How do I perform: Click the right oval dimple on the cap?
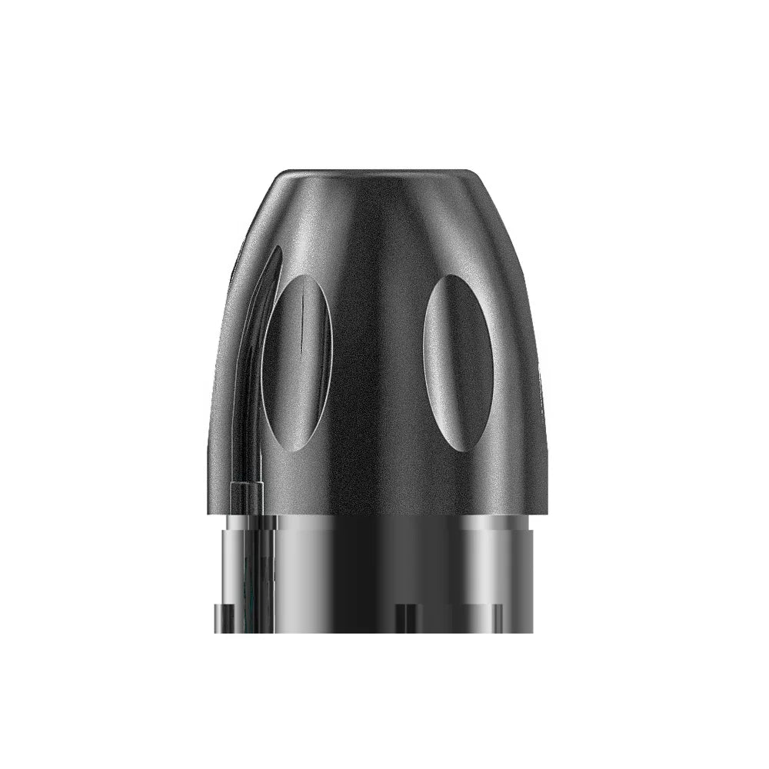[458, 361]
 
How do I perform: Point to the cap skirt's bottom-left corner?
[209, 511]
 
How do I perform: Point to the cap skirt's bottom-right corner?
[547, 511]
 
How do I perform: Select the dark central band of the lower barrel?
[381, 569]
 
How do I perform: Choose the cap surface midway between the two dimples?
[378, 361]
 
